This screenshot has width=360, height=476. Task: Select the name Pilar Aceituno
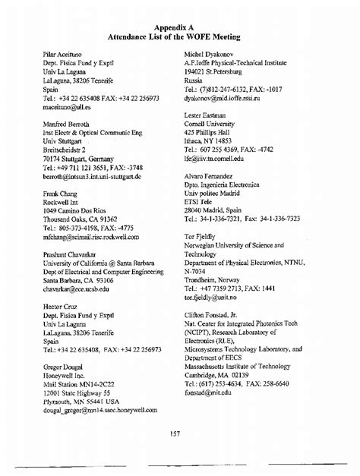pos(63,58)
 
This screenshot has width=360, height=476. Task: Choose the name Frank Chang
pos(62,194)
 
